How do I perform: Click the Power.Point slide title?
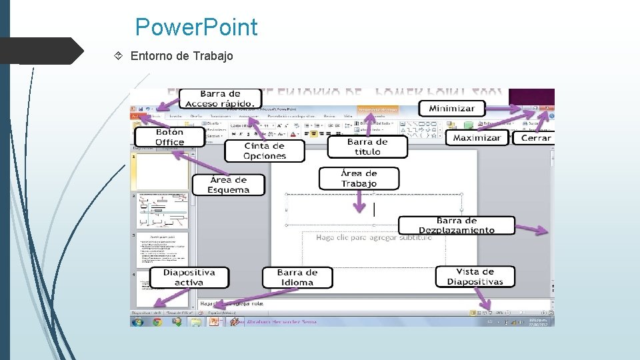click(195, 27)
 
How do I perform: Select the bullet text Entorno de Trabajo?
click(181, 56)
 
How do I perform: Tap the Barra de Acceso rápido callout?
click(219, 99)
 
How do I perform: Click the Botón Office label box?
click(169, 137)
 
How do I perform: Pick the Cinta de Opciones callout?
click(265, 151)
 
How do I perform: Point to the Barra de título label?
click(367, 147)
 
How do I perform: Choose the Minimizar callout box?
click(451, 108)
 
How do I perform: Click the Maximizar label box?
click(477, 138)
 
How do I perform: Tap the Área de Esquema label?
click(228, 185)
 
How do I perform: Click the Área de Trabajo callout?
click(359, 179)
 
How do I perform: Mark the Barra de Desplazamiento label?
click(457, 225)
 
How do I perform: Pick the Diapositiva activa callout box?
click(189, 277)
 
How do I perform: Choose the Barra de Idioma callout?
click(297, 277)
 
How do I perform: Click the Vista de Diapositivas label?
click(475, 277)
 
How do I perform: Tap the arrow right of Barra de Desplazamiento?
click(532, 230)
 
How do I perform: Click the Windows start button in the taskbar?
click(138, 321)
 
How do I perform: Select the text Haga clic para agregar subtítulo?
click(373, 237)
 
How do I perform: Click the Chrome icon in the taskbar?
click(157, 321)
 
